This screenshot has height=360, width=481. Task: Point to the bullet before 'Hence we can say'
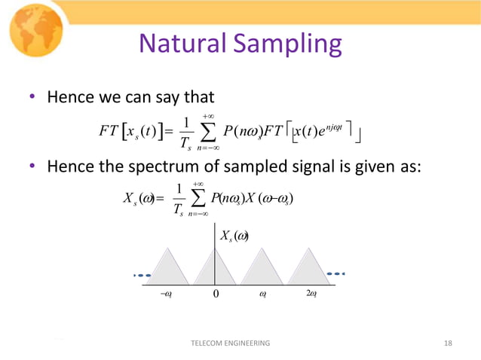pyautogui.click(x=33, y=98)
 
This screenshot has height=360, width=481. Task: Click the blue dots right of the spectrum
pyautogui.click(x=337, y=273)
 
